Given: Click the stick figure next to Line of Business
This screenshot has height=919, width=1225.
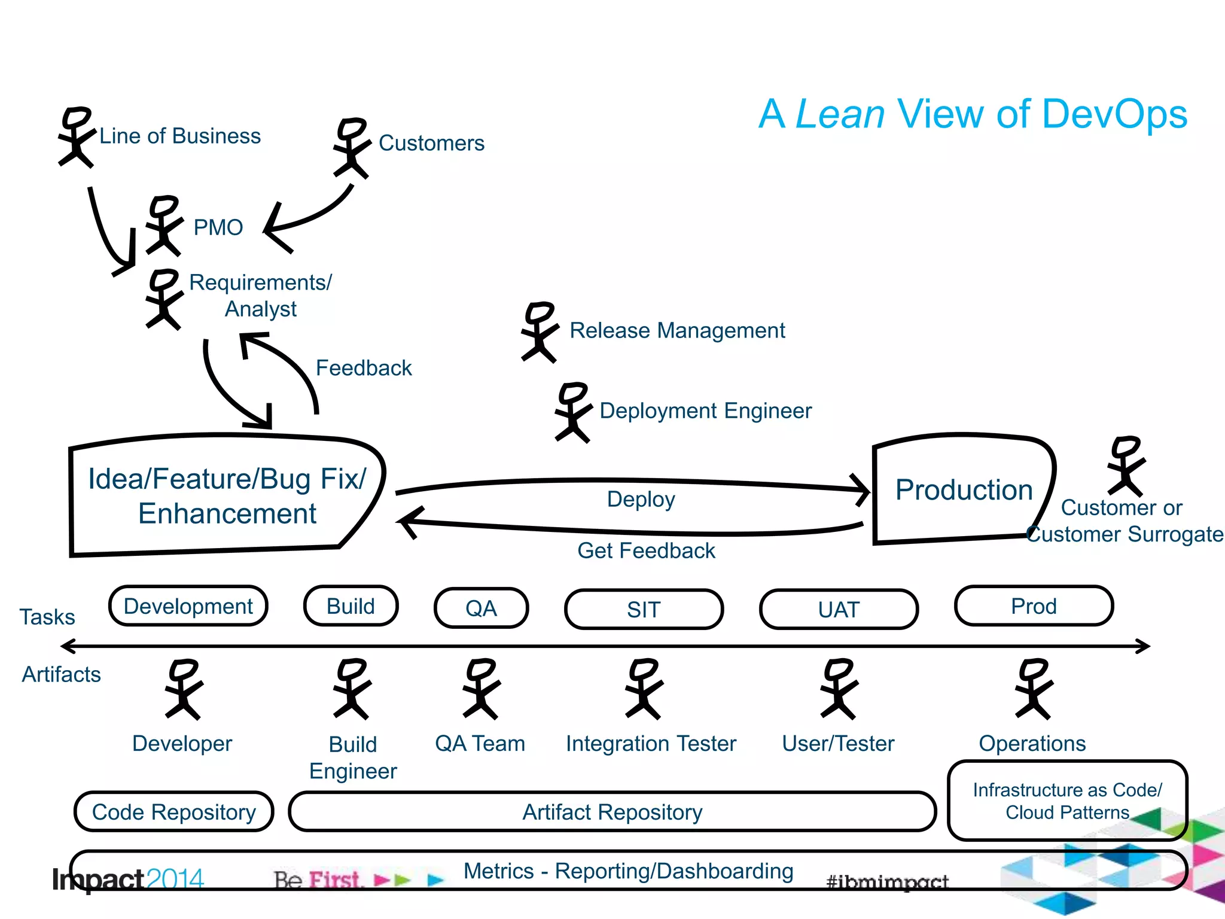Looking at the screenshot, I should [x=76, y=138].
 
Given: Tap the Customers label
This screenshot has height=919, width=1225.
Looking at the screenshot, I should [x=431, y=144].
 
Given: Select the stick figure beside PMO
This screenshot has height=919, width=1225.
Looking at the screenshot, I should [x=163, y=226].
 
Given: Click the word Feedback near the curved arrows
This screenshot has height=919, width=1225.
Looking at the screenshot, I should [x=364, y=368].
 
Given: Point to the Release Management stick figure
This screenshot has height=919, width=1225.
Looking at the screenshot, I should [x=540, y=332].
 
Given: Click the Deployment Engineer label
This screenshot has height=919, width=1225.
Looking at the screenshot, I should [x=705, y=411].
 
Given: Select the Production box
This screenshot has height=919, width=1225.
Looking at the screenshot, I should [x=963, y=489].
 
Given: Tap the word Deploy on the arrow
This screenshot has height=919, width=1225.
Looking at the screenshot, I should [x=641, y=499].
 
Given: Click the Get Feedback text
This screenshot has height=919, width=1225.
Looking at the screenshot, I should [x=646, y=550].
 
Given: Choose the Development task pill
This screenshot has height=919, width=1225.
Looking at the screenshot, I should [x=188, y=607].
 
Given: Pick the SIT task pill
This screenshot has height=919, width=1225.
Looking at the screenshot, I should [x=644, y=610].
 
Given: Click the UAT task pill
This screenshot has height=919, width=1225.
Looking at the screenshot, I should [x=839, y=610].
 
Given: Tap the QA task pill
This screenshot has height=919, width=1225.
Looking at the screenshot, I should [x=481, y=608].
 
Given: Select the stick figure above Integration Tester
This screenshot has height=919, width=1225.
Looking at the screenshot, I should [x=644, y=689].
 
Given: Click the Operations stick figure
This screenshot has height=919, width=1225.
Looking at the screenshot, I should [x=1034, y=689].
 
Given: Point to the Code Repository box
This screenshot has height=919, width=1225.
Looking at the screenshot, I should [x=173, y=812].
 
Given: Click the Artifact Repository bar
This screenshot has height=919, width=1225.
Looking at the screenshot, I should [x=612, y=812].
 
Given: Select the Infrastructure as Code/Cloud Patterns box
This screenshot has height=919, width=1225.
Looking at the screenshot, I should [x=1067, y=801].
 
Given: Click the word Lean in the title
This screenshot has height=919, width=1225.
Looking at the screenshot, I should [x=840, y=114].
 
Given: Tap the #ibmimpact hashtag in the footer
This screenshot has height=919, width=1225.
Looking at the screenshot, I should [x=887, y=881].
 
